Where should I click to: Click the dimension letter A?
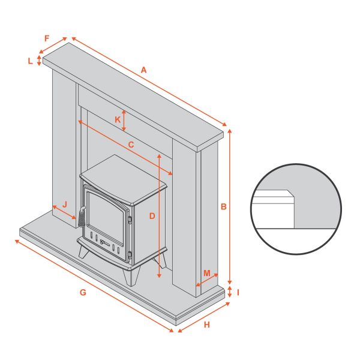click(143, 70)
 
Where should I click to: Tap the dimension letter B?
click(223, 206)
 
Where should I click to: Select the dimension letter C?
click(131, 145)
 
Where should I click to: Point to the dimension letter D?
click(152, 215)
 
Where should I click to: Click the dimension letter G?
click(83, 293)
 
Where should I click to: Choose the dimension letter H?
click(207, 325)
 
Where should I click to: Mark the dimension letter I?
click(238, 293)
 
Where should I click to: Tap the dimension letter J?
click(64, 203)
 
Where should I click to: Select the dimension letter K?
click(118, 119)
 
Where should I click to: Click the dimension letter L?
click(30, 61)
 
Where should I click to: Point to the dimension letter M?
click(207, 274)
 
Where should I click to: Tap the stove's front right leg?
click(131, 277)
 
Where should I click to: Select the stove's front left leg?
click(82, 250)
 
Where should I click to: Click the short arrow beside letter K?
click(124, 121)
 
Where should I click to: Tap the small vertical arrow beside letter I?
click(230, 293)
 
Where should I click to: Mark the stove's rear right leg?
click(162, 259)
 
